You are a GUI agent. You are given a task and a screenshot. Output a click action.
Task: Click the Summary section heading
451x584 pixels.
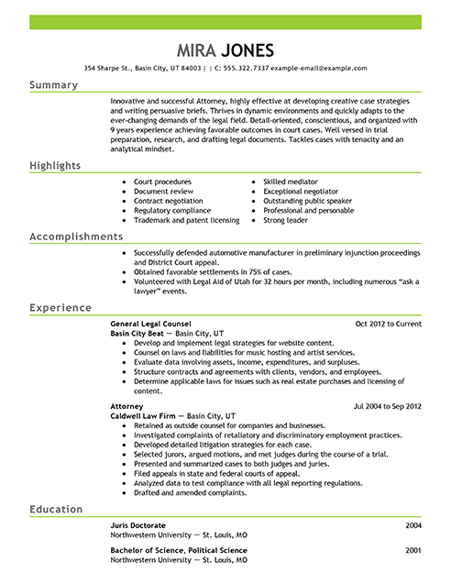click(54, 84)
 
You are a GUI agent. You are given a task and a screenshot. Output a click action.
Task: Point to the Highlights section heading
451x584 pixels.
click(55, 165)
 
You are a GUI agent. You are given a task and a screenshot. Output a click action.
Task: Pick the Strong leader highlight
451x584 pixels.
click(285, 220)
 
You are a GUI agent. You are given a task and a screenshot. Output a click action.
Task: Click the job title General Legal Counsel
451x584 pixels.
click(151, 325)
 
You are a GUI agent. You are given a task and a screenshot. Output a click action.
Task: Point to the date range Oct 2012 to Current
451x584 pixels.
click(388, 325)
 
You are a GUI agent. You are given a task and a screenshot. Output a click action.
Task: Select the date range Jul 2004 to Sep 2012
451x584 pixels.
click(386, 403)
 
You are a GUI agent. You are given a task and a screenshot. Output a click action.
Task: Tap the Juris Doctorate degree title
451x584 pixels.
click(137, 524)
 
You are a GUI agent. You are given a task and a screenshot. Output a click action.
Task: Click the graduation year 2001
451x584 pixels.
click(412, 549)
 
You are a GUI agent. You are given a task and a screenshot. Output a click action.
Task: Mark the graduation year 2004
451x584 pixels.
click(412, 524)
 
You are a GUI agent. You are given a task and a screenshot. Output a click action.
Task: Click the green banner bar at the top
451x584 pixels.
click(225, 21)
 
